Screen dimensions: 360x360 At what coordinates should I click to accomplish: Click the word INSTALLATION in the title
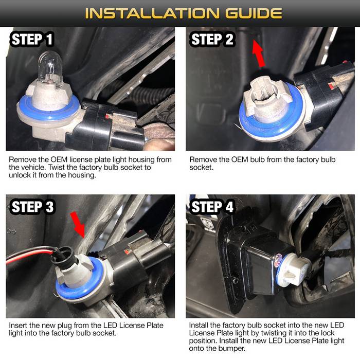coord(152,13)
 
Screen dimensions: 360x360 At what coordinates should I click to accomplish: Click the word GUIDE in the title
coord(254,13)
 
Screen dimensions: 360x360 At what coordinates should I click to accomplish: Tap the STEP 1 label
coord(32,39)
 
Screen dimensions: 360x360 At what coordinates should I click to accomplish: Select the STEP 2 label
coord(212,39)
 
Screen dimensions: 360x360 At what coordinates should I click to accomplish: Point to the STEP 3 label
coord(32,207)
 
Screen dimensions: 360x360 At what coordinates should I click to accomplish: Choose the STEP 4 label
coord(212,207)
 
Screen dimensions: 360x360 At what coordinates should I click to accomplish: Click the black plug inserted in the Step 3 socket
coord(65,258)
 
